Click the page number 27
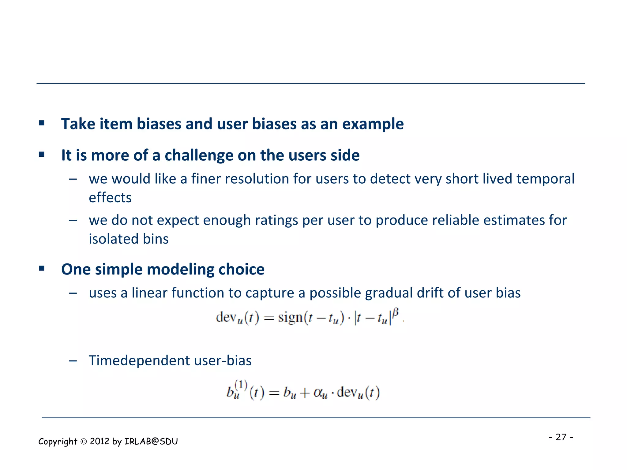(561, 437)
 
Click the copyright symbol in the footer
(84, 442)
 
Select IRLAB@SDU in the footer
(151, 442)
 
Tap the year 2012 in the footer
(99, 442)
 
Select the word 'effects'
(110, 198)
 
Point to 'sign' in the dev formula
(290, 317)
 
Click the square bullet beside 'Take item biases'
(42, 123)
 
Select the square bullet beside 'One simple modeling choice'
(42, 269)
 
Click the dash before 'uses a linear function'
(73, 293)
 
